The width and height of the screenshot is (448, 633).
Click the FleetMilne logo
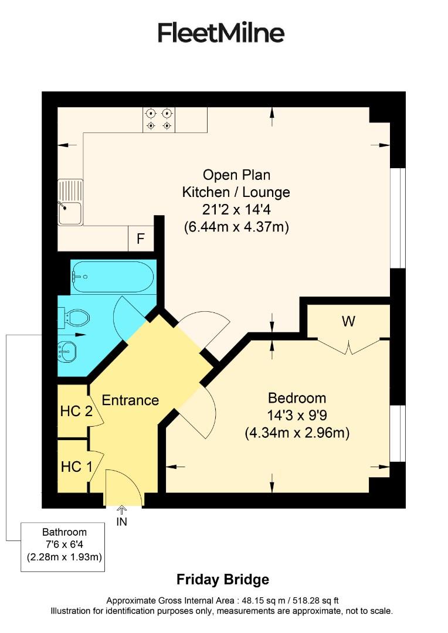(221, 33)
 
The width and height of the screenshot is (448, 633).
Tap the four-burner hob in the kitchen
(159, 119)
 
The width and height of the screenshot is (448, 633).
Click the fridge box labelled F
(140, 239)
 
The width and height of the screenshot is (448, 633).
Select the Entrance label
(130, 400)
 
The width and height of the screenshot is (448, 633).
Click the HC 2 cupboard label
(76, 411)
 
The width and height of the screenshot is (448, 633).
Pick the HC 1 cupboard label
(76, 467)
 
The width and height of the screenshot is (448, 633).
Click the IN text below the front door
(122, 521)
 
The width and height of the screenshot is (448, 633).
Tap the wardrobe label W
(349, 321)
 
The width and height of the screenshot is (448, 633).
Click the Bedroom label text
(297, 398)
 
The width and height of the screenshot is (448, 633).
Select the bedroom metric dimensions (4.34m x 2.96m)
(297, 433)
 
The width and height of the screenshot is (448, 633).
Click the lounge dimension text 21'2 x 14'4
(236, 209)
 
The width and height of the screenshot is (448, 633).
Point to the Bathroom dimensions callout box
(64, 546)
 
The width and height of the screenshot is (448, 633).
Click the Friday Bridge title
(223, 580)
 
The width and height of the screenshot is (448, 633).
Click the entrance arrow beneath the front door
(122, 510)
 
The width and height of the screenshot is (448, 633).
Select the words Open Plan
(236, 175)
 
